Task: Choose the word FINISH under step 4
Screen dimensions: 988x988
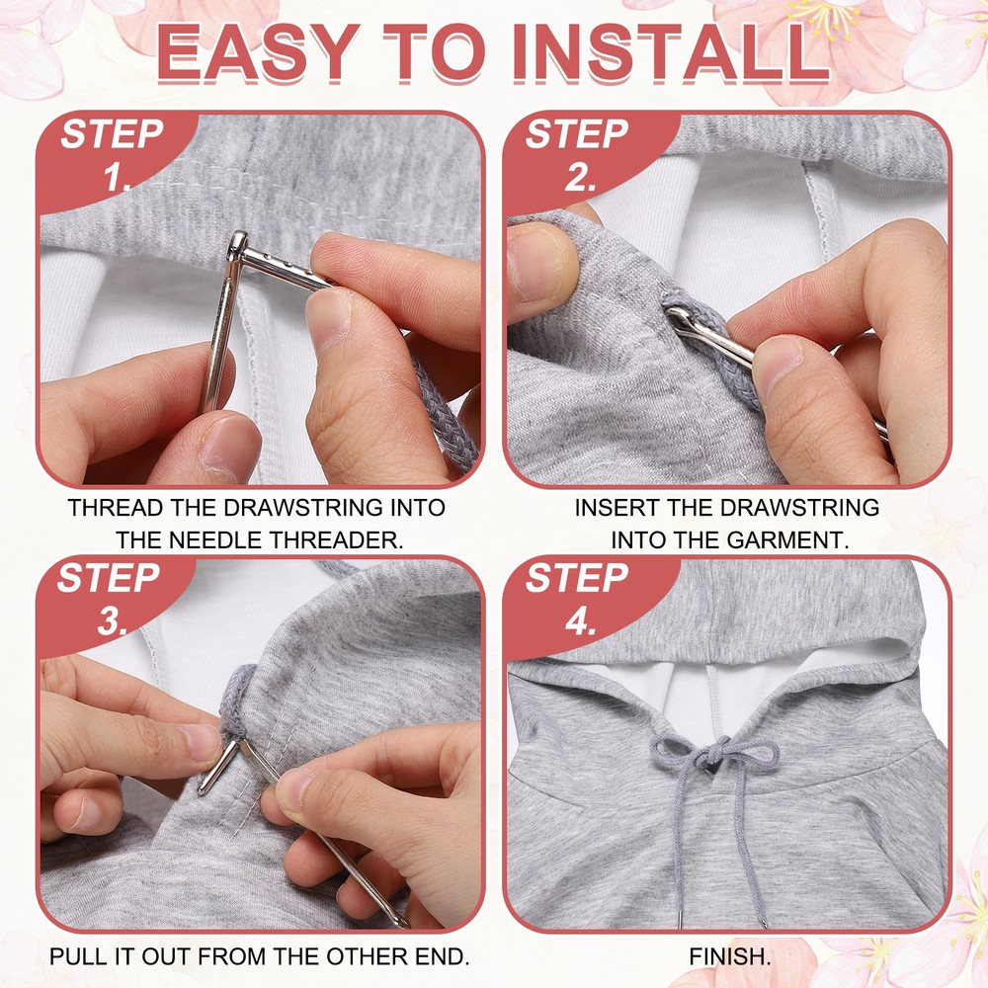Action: [x=729, y=956]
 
